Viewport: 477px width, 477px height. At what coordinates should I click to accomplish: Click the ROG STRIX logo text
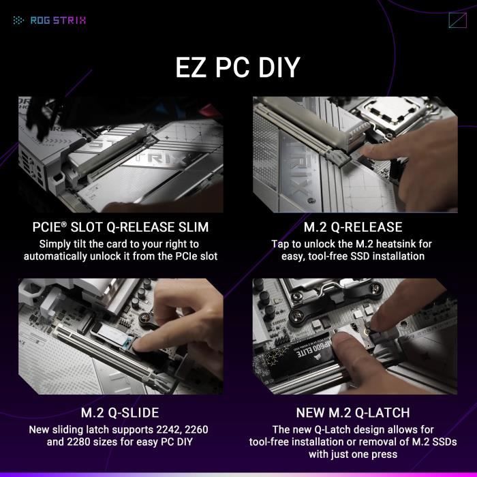pyautogui.click(x=58, y=20)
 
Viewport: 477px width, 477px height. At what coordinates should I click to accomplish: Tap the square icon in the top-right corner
pyautogui.click(x=457, y=20)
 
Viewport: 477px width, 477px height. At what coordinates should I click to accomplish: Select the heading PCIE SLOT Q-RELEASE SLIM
pyautogui.click(x=121, y=227)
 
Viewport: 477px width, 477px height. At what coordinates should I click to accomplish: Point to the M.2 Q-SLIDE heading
pyautogui.click(x=120, y=412)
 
